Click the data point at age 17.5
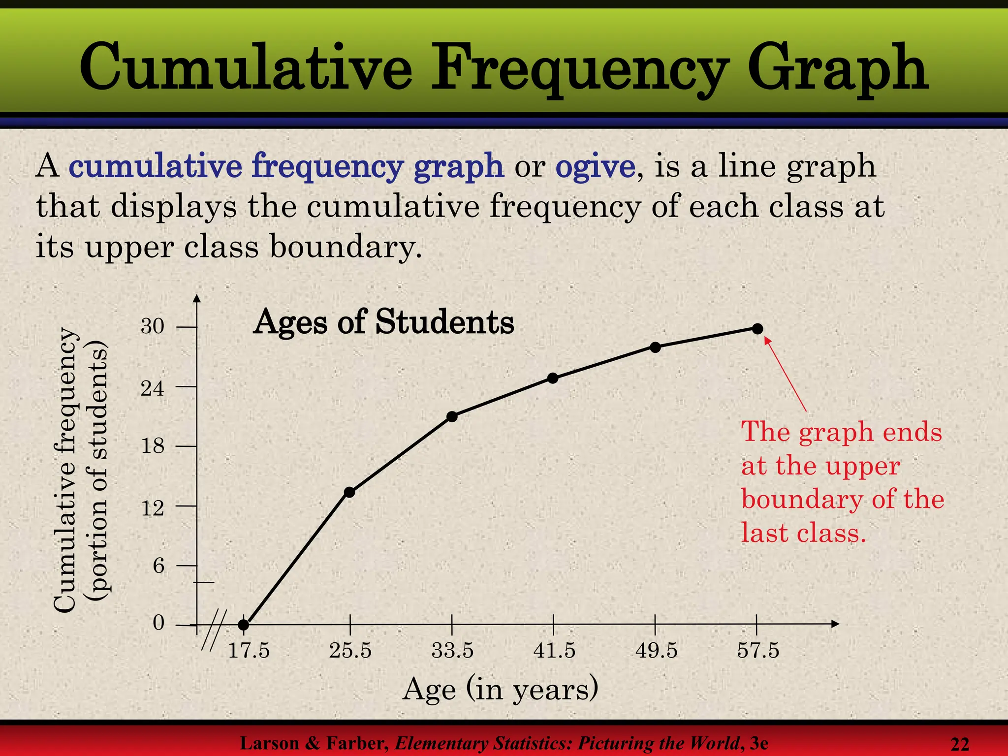244,625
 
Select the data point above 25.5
350,492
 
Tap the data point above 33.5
452,416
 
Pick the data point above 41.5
553,378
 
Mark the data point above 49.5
655,347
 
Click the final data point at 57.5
757,328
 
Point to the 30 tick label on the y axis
153,326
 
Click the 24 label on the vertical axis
153,388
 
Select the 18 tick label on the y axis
153,446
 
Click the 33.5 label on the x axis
452,651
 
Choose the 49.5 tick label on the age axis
656,651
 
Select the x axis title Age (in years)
500,689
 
